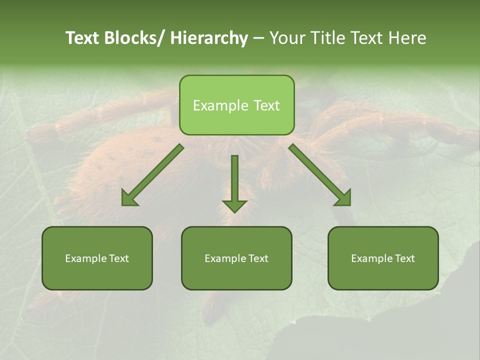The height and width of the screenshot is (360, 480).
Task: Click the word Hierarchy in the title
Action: [209, 38]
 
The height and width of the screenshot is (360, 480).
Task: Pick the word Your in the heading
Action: [287, 38]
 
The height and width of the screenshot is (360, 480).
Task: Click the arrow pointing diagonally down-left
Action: [152, 175]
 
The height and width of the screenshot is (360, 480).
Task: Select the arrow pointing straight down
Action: [234, 182]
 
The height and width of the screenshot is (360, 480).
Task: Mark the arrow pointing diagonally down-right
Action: [320, 175]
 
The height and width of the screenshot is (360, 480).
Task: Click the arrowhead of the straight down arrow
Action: [234, 205]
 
